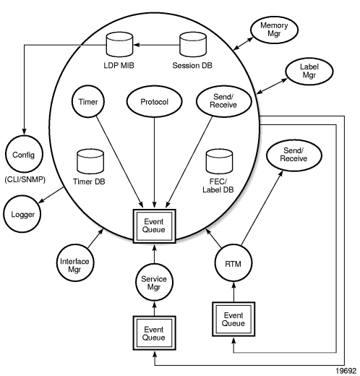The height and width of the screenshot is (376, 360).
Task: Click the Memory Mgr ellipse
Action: [274, 30]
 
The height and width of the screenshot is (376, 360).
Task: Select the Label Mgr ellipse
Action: [309, 72]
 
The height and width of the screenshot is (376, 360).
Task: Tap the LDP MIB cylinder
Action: [119, 45]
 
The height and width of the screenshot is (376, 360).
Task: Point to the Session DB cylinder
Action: [193, 45]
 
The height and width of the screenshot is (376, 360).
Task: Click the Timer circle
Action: [88, 101]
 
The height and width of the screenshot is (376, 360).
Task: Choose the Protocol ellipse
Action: [154, 101]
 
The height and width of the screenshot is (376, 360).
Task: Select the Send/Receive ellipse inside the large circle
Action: [224, 101]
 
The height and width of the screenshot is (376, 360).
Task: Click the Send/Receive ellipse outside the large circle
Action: [293, 155]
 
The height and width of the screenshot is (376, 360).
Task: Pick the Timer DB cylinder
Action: [90, 161]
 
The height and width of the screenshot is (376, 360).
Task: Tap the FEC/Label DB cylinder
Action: [219, 161]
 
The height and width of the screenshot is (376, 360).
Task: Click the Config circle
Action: [24, 155]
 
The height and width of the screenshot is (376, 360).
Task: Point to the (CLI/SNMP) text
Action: [25, 179]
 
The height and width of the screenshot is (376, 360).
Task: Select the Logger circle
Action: [22, 214]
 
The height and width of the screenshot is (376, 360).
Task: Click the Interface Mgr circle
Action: [75, 262]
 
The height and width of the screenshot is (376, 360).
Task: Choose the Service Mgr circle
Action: [154, 282]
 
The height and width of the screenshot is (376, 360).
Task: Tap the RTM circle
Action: [233, 263]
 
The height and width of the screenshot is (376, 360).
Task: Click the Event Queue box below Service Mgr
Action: [154, 333]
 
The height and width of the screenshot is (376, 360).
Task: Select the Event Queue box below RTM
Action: [233, 319]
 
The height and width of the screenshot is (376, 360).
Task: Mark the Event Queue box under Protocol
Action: [154, 226]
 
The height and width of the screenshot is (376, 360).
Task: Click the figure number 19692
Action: [346, 371]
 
